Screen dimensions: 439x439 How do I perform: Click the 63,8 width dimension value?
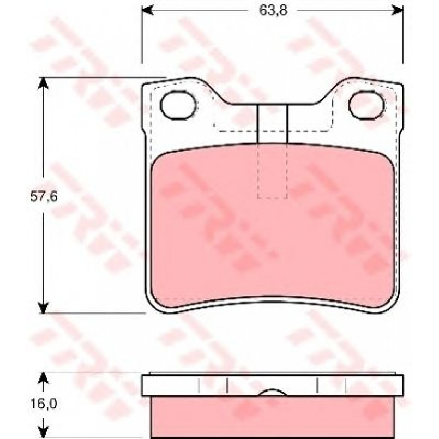click(273, 11)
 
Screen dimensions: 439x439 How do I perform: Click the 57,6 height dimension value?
click(44, 196)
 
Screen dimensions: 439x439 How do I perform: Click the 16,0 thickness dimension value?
click(44, 404)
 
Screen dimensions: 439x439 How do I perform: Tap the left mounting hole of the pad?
click(178, 105)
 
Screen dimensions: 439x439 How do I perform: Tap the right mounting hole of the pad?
click(366, 105)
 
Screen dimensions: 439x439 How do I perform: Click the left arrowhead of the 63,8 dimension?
click(148, 11)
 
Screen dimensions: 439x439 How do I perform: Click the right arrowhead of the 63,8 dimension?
click(398, 11)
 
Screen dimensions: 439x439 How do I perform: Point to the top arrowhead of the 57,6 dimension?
click(43, 83)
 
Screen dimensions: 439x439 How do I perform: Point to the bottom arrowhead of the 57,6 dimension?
click(43, 308)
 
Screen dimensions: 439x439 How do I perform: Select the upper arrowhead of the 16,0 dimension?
click(43, 378)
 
